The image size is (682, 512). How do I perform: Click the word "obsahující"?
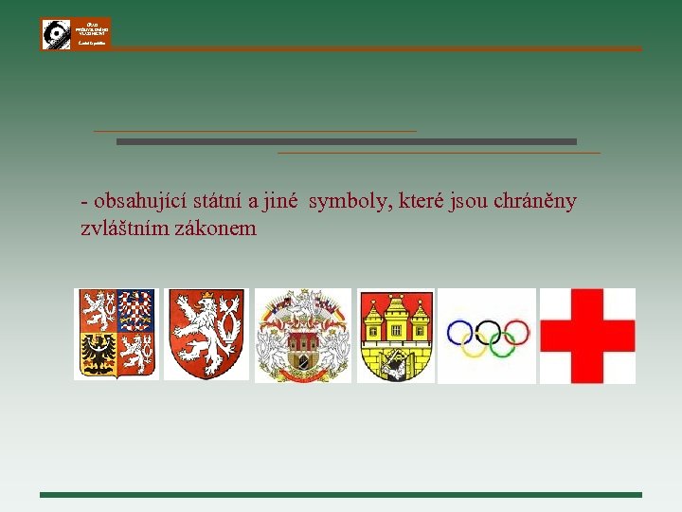[x=140, y=201]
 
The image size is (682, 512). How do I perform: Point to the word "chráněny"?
[x=534, y=201]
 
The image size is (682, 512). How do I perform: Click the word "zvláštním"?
[x=125, y=229]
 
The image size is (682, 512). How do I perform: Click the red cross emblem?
[x=587, y=336]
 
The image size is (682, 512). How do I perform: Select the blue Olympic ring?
[x=459, y=332]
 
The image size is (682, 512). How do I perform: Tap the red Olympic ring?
[x=515, y=332]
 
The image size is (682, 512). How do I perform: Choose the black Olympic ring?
[x=488, y=332]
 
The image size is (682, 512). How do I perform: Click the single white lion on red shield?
[x=206, y=335]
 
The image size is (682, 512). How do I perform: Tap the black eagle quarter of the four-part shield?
[x=98, y=355]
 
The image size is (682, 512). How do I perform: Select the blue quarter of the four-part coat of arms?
[x=136, y=309]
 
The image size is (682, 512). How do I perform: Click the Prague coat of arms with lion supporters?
[x=302, y=336]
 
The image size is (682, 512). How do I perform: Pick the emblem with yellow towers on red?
[x=395, y=336]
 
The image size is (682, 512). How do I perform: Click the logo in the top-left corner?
[x=76, y=34]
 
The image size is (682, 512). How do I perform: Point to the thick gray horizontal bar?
[x=346, y=141]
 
